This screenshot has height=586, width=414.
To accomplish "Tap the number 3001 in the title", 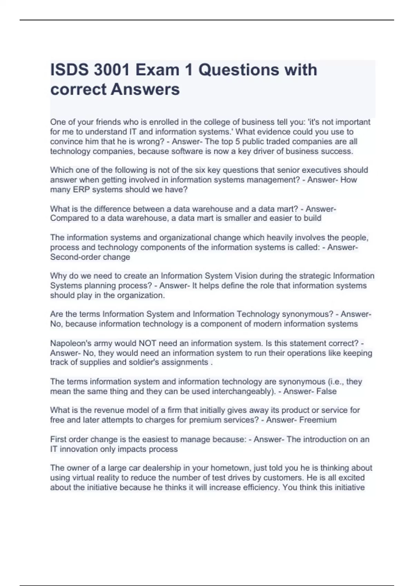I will [x=112, y=70].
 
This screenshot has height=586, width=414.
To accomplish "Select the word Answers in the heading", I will [x=145, y=89].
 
